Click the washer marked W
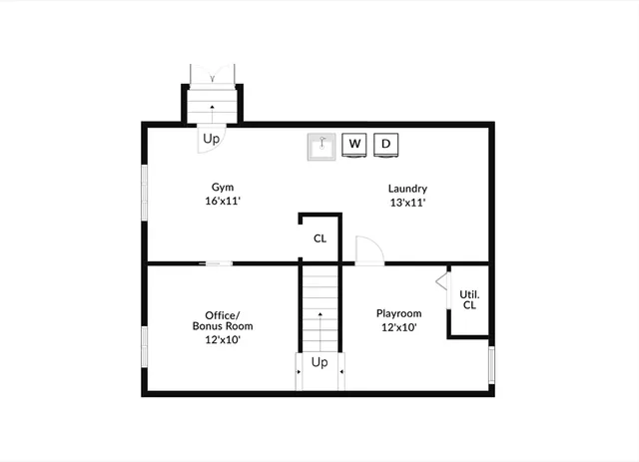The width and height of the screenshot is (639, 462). coord(354,145)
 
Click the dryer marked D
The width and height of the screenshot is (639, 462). coord(387,145)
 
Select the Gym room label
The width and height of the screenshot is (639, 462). coord(222,187)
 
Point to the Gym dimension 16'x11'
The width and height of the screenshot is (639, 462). coord(222,201)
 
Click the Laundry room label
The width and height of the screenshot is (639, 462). coord(408,188)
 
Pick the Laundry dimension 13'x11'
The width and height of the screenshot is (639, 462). coord(408,202)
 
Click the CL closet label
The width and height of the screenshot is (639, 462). coord(319,238)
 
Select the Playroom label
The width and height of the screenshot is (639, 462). coord(399,313)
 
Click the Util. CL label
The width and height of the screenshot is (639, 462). coord(469,299)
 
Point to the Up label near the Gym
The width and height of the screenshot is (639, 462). coord(211,139)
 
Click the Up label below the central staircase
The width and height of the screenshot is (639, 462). coord(319,362)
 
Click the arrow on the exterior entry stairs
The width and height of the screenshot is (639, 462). coord(211,106)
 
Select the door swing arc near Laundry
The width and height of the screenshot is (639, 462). coord(365,249)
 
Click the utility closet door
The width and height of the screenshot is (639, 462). coord(441,280)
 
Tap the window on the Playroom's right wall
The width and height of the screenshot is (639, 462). coord(490,364)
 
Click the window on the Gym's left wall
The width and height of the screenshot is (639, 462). coord(146,192)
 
